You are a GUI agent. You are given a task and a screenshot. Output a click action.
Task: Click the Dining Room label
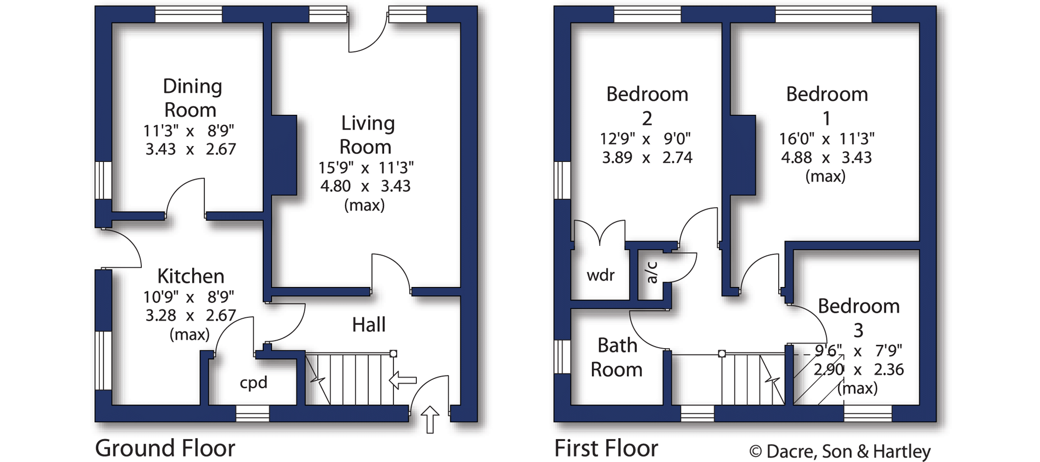pos(192,98)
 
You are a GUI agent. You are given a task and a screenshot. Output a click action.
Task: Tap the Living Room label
pos(367,134)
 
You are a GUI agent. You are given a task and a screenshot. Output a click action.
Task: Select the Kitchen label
pos(191,276)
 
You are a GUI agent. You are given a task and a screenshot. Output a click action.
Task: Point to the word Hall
pos(369,325)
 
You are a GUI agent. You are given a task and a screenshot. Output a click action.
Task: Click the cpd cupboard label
pos(253,382)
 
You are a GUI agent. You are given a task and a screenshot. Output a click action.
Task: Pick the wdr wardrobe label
pos(600,275)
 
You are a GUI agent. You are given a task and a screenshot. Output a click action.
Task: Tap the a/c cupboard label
pos(652,272)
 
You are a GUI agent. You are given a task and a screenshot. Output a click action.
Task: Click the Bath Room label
pos(616,357)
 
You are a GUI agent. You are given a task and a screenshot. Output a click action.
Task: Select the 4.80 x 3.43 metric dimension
pos(365,186)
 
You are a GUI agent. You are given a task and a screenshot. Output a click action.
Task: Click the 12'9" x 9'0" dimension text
pos(645,139)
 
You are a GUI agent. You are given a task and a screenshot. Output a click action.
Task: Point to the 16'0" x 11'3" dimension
pos(826,139)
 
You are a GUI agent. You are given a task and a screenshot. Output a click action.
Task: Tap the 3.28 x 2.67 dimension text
pos(191,315)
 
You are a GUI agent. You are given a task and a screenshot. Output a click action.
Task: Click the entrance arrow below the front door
pos(430,419)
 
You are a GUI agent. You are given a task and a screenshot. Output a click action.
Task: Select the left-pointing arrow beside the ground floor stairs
pos(403,380)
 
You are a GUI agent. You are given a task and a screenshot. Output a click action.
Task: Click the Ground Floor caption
pos(165,448)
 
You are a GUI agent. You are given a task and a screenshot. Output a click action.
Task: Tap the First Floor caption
pos(606,448)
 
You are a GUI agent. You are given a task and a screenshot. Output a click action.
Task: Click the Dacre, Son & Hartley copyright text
pos(839,451)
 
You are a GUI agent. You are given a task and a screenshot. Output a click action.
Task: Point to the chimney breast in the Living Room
pos(284,155)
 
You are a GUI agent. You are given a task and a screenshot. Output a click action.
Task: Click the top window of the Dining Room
pos(189,15)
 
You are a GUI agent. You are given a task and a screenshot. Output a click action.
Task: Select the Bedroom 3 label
pos(859,318)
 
